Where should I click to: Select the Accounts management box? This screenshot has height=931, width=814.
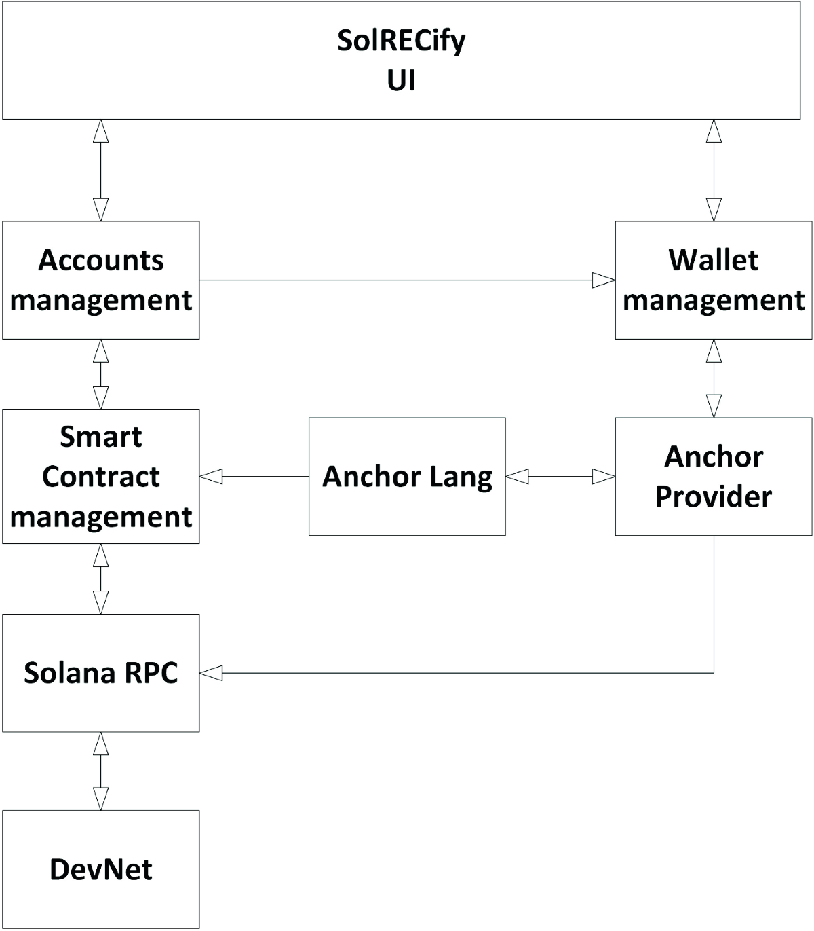pyautogui.click(x=100, y=280)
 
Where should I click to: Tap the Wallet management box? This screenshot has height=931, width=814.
pyautogui.click(x=713, y=280)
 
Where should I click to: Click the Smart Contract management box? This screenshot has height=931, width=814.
pyautogui.click(x=100, y=476)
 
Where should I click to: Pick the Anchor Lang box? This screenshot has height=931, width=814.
pyautogui.click(x=407, y=476)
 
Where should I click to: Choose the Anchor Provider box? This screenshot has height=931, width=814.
pyautogui.click(x=713, y=476)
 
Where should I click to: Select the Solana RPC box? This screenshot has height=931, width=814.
pyautogui.click(x=100, y=673)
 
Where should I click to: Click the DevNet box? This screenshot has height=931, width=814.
pyautogui.click(x=100, y=869)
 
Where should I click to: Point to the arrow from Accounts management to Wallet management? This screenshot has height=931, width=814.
pyautogui.click(x=407, y=280)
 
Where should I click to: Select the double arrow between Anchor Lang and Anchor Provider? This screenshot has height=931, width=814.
pyautogui.click(x=560, y=477)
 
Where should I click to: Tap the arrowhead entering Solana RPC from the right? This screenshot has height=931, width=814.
pyautogui.click(x=212, y=673)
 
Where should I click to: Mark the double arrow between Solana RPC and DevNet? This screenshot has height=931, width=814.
pyautogui.click(x=100, y=771)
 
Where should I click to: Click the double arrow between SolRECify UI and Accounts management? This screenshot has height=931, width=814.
pyautogui.click(x=100, y=170)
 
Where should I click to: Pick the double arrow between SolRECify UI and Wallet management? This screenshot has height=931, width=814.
pyautogui.click(x=714, y=170)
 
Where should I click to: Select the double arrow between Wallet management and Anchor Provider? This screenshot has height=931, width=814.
pyautogui.click(x=714, y=378)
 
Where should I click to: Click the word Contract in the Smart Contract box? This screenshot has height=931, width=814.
pyautogui.click(x=100, y=477)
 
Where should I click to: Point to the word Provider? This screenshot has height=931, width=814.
pyautogui.click(x=713, y=496)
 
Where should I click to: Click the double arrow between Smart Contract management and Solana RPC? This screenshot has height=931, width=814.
pyautogui.click(x=100, y=579)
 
